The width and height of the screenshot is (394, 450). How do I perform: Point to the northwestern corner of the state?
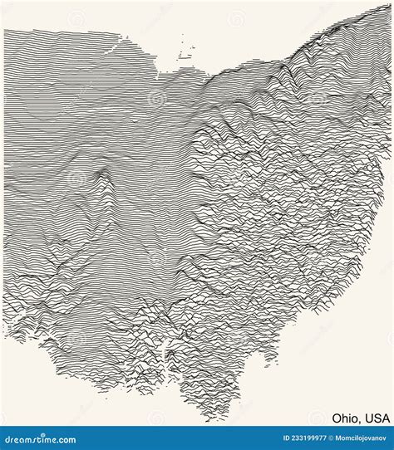(6, 30)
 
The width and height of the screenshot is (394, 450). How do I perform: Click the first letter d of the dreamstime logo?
(7, 440)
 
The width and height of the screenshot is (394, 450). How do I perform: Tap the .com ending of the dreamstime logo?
(64, 440)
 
